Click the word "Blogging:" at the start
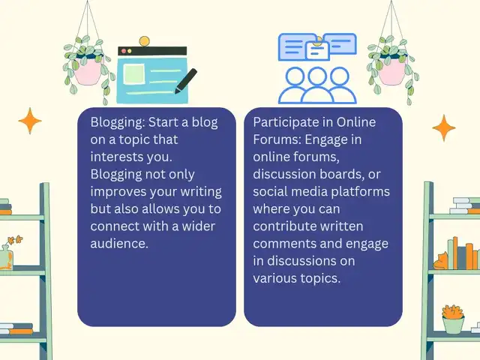click(118, 123)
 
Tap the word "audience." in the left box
click(119, 244)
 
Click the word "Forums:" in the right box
click(277, 140)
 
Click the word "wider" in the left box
click(199, 226)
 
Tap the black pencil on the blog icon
click(185, 81)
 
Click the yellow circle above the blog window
click(144, 41)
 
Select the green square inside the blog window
click(133, 73)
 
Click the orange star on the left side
click(30, 121)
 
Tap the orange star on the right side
click(444, 128)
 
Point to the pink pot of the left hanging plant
click(88, 72)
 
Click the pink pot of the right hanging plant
click(391, 72)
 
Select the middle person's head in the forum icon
click(317, 76)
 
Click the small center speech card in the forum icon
click(317, 50)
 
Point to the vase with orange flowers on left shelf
click(7, 256)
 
